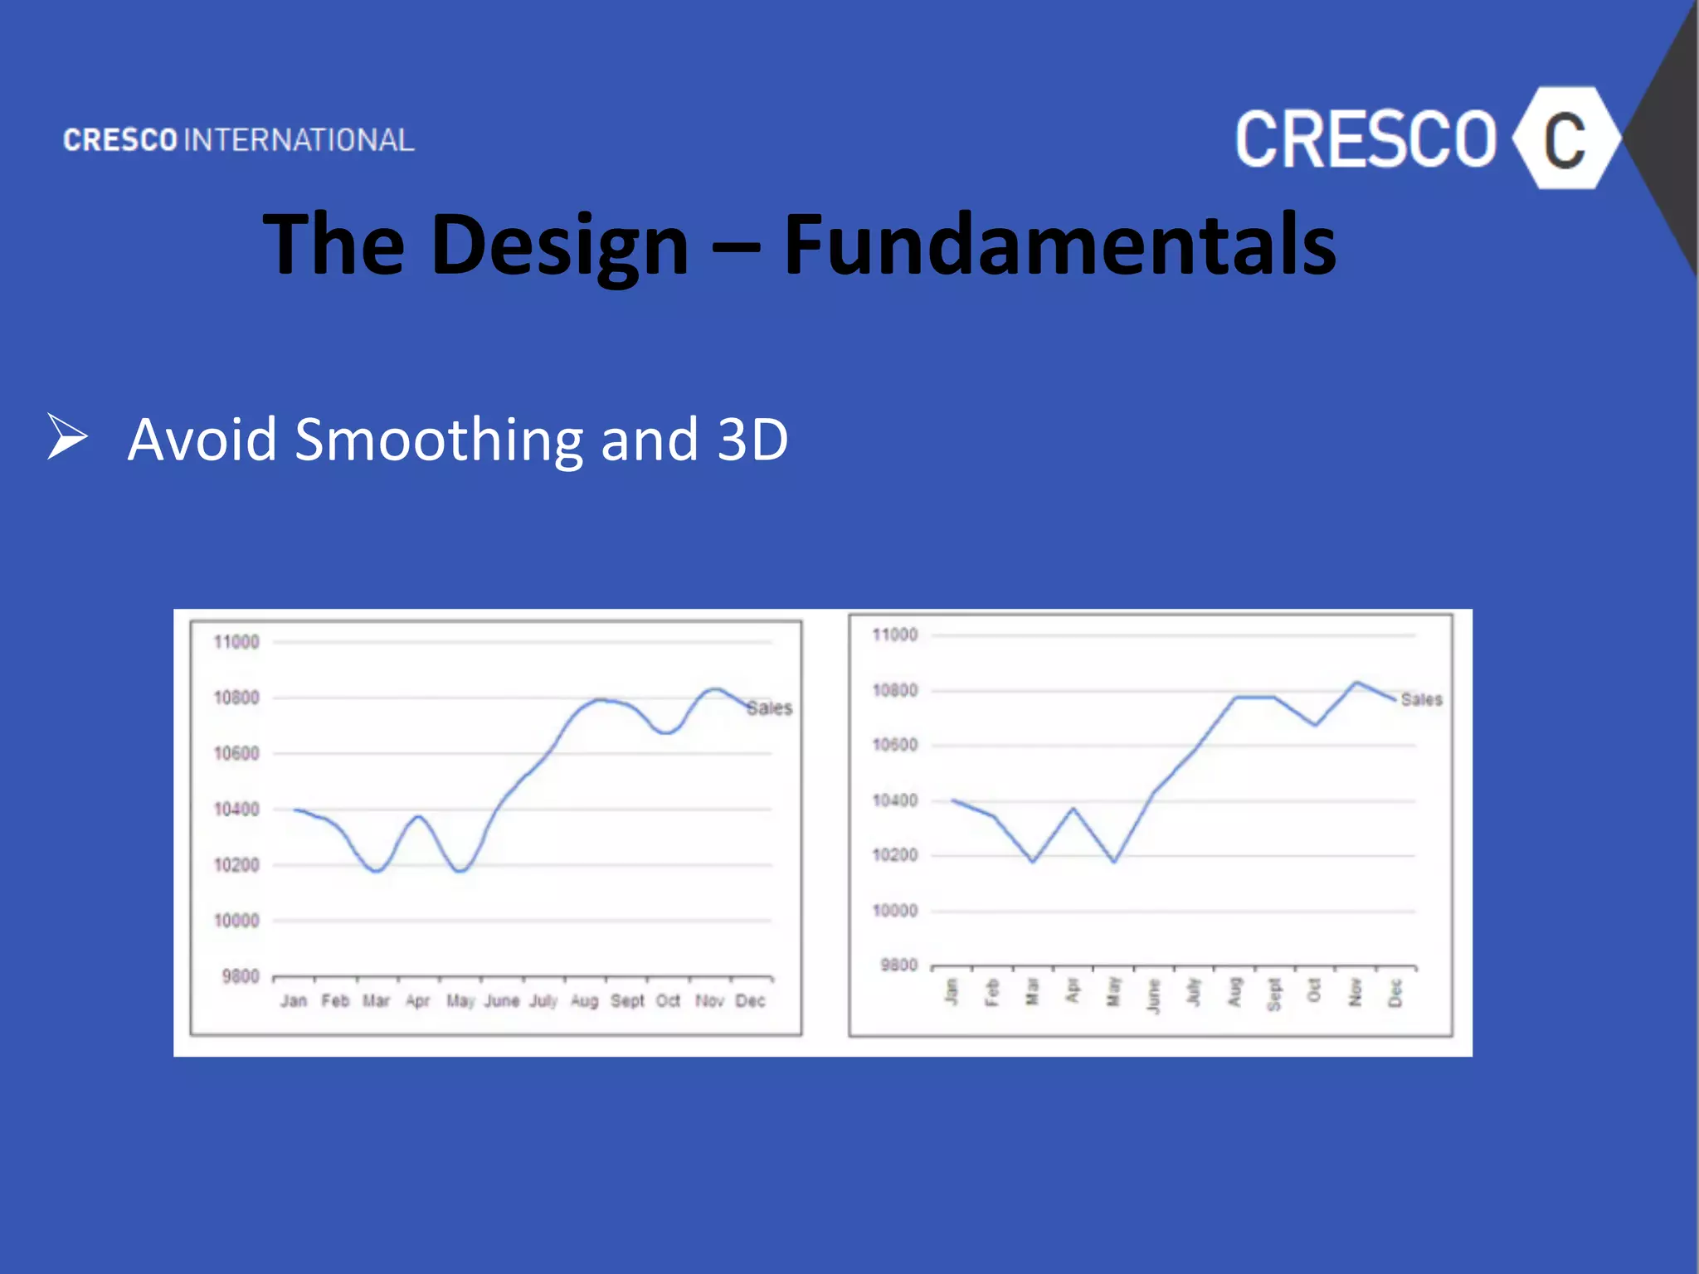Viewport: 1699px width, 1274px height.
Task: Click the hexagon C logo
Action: pyautogui.click(x=1565, y=139)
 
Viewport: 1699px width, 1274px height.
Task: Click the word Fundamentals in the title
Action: pyautogui.click(x=1059, y=245)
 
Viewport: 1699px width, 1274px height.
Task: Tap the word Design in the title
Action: pyautogui.click(x=559, y=245)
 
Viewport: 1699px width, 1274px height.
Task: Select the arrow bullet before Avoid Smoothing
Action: pyautogui.click(x=67, y=436)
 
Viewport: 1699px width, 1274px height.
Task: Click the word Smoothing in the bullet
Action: pyautogui.click(x=439, y=440)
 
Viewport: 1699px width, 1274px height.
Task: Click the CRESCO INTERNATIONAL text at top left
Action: pyautogui.click(x=239, y=140)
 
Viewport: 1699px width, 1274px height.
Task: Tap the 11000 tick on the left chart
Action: pyautogui.click(x=236, y=642)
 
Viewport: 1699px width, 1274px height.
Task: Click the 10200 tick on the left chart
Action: pyautogui.click(x=236, y=865)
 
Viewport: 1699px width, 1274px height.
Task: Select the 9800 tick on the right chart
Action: pyautogui.click(x=898, y=965)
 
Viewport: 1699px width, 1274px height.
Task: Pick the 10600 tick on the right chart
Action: pyautogui.click(x=895, y=745)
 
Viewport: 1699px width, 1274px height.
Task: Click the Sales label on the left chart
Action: pyautogui.click(x=769, y=708)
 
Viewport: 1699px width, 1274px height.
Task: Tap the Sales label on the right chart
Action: pyautogui.click(x=1421, y=700)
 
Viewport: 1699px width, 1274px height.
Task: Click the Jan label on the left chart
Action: pyautogui.click(x=294, y=1001)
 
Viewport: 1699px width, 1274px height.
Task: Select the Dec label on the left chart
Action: pyautogui.click(x=750, y=1001)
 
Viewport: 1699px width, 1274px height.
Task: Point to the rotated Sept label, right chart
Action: pyautogui.click(x=1274, y=994)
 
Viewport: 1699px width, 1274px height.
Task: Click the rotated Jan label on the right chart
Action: pyautogui.click(x=952, y=991)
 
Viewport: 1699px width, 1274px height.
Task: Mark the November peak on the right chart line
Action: pyautogui.click(x=1356, y=683)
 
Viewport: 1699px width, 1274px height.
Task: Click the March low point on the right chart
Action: pyautogui.click(x=1033, y=862)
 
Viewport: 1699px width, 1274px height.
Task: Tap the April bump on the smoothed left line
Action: pyautogui.click(x=419, y=817)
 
